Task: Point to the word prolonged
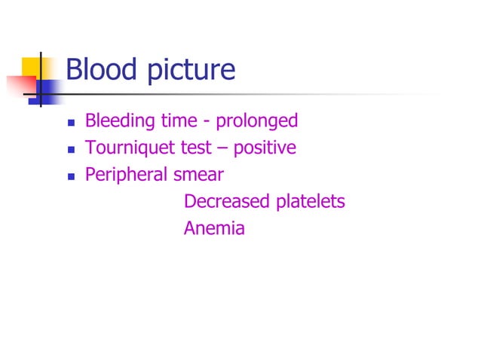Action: coord(257,121)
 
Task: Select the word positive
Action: coord(265,148)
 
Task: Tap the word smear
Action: coord(200,175)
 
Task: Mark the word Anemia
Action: coord(214,229)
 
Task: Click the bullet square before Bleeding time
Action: coord(71,122)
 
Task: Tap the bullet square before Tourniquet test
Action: coord(71,149)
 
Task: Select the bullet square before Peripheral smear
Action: coord(71,176)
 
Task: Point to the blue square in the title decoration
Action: coord(47,90)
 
